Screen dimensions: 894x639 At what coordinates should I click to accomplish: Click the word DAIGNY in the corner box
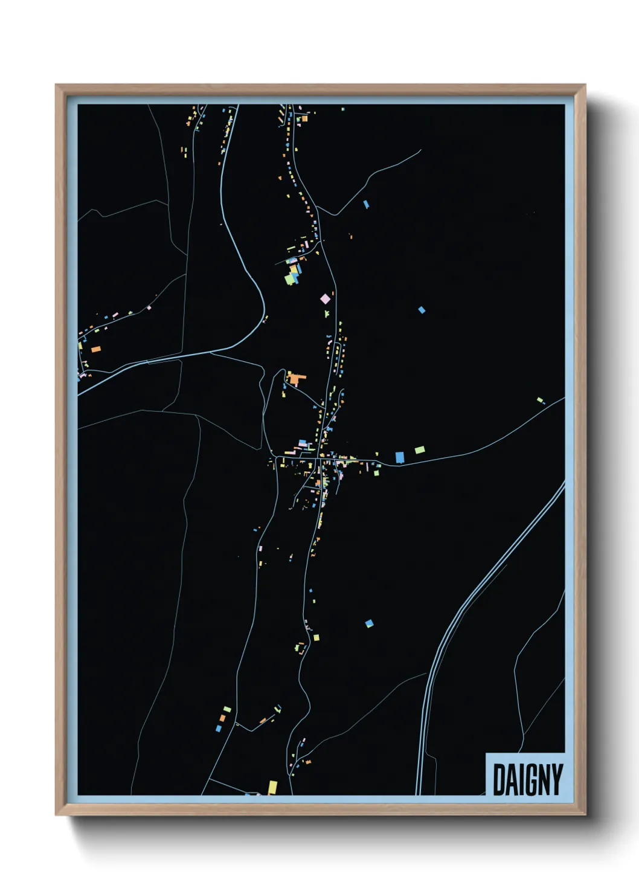[527, 779]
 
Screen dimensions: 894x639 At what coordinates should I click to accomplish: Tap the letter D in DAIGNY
[499, 779]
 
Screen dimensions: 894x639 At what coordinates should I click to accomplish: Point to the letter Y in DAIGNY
[556, 779]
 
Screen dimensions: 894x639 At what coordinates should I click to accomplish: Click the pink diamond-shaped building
[326, 298]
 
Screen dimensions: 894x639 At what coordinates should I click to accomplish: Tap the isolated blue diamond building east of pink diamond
[422, 310]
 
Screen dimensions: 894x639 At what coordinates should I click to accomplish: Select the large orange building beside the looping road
[295, 379]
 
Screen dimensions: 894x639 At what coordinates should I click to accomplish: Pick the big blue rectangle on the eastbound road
[399, 457]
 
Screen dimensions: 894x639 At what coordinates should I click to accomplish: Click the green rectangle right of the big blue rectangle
[420, 449]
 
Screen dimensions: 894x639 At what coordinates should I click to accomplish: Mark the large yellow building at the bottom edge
[272, 787]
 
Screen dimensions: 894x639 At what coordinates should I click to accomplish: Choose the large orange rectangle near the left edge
[95, 349]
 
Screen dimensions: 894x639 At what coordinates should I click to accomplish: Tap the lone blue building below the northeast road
[366, 205]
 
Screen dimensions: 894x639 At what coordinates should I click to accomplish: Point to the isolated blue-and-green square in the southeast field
[369, 623]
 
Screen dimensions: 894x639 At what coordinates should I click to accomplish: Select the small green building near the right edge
[540, 400]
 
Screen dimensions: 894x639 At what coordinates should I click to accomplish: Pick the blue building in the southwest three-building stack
[219, 728]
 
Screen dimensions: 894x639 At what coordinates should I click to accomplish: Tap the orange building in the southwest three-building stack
[222, 718]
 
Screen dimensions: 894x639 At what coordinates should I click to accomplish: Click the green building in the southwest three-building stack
[227, 709]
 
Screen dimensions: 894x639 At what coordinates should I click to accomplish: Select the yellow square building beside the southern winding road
[316, 637]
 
